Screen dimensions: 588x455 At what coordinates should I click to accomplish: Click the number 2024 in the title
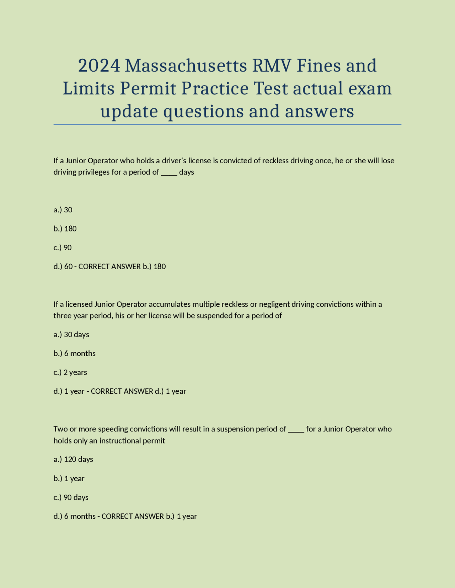[99, 66]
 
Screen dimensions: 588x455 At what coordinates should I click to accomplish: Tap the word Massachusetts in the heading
[186, 66]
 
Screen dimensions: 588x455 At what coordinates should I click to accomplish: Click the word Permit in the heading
[148, 88]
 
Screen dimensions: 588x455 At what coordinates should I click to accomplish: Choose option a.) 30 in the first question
[63, 210]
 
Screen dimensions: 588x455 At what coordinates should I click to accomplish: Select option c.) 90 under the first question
[63, 247]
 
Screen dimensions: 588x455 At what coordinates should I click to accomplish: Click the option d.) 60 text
[63, 266]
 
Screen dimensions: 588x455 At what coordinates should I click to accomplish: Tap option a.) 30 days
[71, 334]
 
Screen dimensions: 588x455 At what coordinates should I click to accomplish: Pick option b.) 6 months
[75, 353]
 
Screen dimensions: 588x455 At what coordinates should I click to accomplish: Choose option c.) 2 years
[70, 372]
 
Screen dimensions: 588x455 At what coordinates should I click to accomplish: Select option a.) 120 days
[73, 459]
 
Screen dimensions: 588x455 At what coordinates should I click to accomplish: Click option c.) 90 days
[71, 497]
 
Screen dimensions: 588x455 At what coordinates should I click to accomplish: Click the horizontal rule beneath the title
[227, 125]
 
